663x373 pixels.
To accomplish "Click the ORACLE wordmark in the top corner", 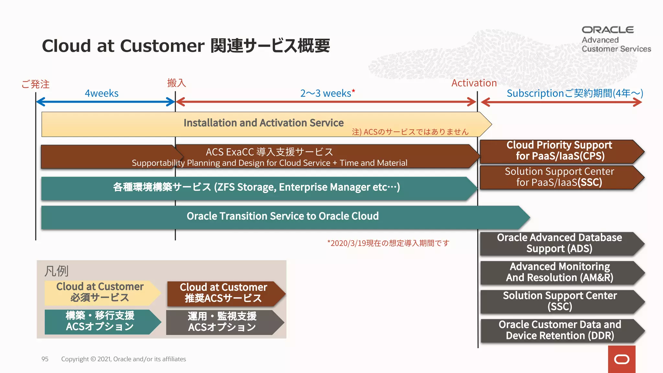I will click(x=608, y=30).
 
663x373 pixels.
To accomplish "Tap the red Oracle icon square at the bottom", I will click(x=622, y=359).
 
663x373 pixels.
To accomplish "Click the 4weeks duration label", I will click(x=101, y=93).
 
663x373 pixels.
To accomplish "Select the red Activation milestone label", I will click(x=474, y=83).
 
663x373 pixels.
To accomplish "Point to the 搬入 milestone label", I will click(x=176, y=83).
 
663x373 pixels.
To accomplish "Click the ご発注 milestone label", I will click(x=35, y=84).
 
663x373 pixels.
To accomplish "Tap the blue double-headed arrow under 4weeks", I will click(x=105, y=102).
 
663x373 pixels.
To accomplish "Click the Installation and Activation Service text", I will click(x=264, y=123).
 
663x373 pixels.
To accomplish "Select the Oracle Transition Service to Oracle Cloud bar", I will click(x=282, y=216).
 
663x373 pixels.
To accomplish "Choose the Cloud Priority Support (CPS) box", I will click(x=559, y=151).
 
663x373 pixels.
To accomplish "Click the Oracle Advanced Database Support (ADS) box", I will click(x=559, y=243).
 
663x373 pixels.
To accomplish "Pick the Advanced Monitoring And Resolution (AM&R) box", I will click(x=559, y=272).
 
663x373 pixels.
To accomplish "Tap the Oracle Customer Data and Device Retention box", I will click(x=559, y=330).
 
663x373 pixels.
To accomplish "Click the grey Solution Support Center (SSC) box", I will click(x=559, y=301).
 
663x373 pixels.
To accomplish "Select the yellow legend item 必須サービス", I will click(x=100, y=292).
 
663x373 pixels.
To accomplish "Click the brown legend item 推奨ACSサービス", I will click(x=223, y=293).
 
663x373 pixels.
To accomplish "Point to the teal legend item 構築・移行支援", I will click(x=100, y=321).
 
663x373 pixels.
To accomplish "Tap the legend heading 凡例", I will click(x=56, y=271).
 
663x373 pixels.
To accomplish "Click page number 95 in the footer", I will click(x=45, y=359).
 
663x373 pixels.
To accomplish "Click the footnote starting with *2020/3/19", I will click(x=388, y=243).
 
